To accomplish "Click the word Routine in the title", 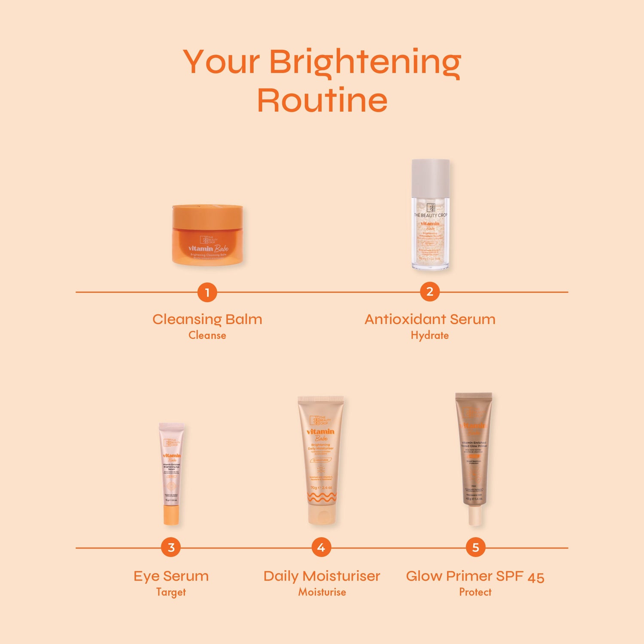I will [x=322, y=100].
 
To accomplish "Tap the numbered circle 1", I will [x=207, y=292].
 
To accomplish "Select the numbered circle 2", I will [x=430, y=292].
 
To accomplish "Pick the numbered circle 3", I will [x=171, y=547].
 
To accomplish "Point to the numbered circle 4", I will [x=321, y=547].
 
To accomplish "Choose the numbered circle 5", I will [x=475, y=547].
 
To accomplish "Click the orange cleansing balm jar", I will [x=208, y=235].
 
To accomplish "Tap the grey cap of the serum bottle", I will [x=431, y=178].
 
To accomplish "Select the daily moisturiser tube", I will [x=321, y=459].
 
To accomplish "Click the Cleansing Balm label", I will [x=207, y=319].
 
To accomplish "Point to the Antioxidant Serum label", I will [x=430, y=319].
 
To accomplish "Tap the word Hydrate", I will [x=430, y=335].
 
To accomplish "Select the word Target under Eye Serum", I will [x=171, y=592].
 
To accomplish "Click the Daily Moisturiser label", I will [x=322, y=576].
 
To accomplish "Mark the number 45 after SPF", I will [x=536, y=577].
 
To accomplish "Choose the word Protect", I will [x=475, y=592].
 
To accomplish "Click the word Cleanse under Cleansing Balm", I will [x=207, y=335].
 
